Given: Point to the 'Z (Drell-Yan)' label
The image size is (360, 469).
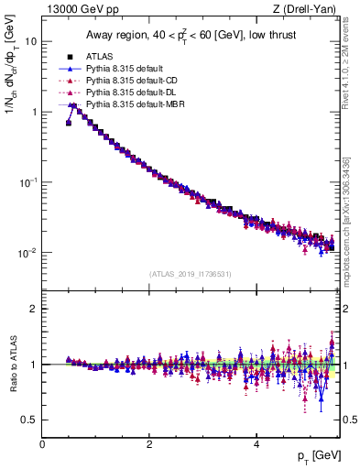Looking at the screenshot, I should coord(310,9).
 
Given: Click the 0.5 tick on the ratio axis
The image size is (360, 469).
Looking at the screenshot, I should coord(29,420).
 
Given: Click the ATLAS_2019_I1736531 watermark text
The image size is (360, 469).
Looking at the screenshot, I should coord(190,273).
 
